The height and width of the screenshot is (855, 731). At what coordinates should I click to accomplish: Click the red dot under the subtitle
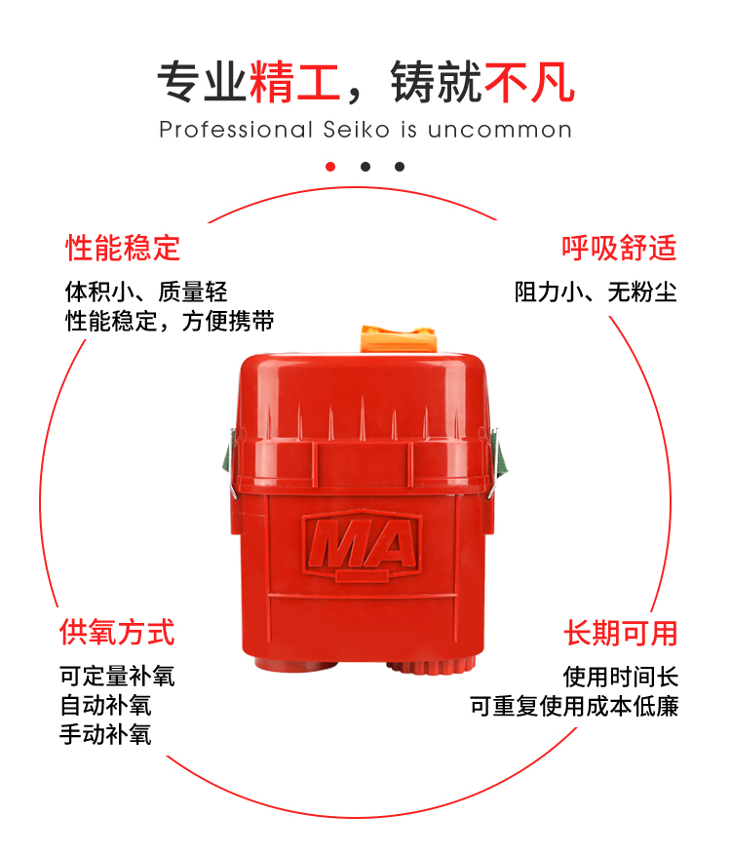tap(330, 167)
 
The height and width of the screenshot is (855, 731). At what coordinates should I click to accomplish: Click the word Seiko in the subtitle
tap(357, 130)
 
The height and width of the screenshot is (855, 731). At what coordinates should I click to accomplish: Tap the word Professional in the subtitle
tap(236, 130)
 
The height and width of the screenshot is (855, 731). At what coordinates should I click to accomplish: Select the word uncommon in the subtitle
tap(500, 131)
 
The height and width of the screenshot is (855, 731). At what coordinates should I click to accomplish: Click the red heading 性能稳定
tap(123, 248)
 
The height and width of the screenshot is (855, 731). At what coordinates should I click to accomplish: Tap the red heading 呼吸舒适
tap(619, 248)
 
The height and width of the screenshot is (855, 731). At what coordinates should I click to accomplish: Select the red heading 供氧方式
tap(117, 633)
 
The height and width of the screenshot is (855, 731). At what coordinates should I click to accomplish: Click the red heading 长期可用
tap(620, 633)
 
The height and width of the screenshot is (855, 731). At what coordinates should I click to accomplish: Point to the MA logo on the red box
tap(362, 545)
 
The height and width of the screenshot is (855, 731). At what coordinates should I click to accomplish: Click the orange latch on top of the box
tap(399, 339)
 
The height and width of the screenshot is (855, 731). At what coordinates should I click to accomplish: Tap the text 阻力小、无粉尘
tap(596, 291)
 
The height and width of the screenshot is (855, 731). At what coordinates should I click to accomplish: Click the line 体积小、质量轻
tap(146, 291)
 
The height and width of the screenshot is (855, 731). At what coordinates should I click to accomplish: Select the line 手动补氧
tap(106, 734)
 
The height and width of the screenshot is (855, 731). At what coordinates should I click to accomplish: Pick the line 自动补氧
tap(106, 705)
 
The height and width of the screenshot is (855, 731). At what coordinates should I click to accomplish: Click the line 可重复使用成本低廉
tap(574, 706)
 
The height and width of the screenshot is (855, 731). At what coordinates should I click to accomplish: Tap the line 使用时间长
tap(620, 677)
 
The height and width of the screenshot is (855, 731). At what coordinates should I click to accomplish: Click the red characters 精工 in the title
tap(295, 82)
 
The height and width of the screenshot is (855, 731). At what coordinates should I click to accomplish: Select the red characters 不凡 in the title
tap(529, 82)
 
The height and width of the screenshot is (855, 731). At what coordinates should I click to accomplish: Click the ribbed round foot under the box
tap(431, 665)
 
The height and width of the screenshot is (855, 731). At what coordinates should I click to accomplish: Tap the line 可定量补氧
tap(117, 677)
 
